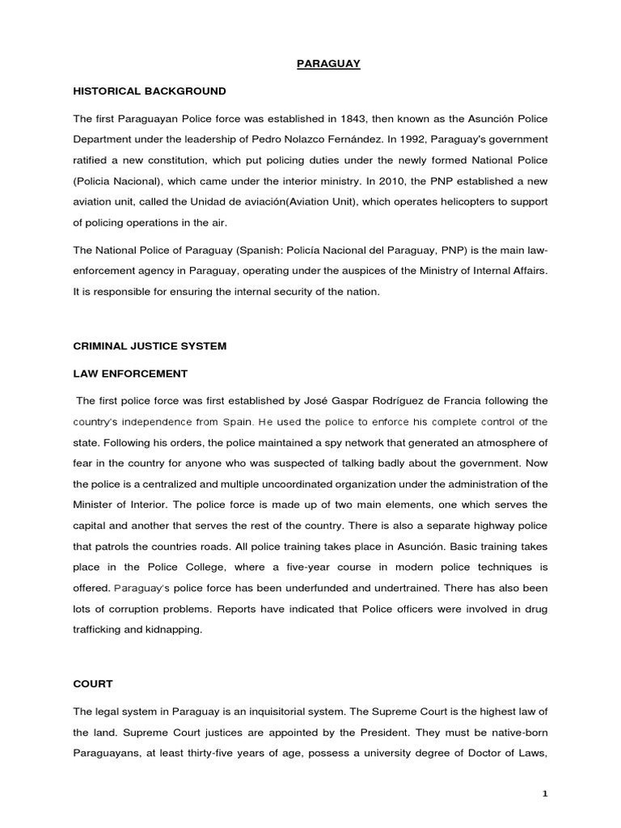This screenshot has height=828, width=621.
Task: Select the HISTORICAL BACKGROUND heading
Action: [150, 91]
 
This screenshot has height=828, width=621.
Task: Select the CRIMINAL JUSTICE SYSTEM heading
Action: [150, 346]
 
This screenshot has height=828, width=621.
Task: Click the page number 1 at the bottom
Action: [545, 794]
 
